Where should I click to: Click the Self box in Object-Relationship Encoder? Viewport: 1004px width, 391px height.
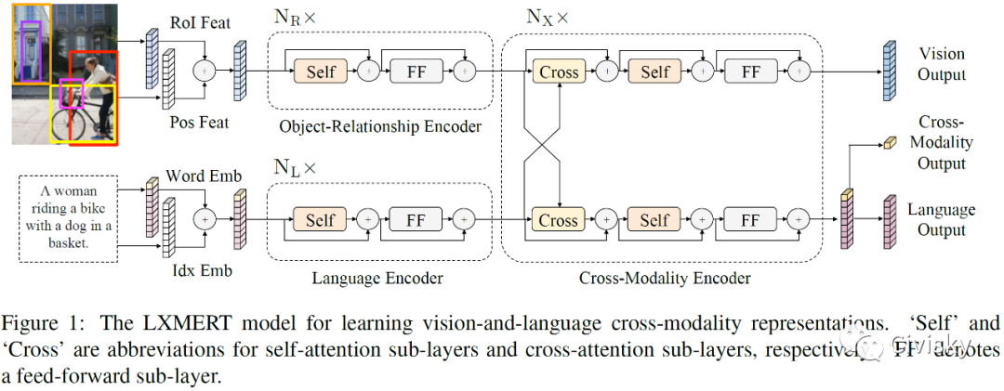click(x=321, y=72)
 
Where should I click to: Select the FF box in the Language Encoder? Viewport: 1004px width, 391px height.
click(x=416, y=220)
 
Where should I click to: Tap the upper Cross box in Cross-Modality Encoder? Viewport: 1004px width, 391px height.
click(x=558, y=72)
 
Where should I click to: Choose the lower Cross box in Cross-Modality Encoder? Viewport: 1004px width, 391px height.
click(x=558, y=220)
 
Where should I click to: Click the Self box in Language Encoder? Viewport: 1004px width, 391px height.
click(x=321, y=220)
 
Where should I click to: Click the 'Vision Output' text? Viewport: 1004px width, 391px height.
click(x=941, y=64)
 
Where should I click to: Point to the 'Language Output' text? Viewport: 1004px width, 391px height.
click(x=941, y=219)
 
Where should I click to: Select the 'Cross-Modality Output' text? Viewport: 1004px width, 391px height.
click(x=941, y=143)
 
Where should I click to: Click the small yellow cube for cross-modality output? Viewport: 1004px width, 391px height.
click(x=888, y=142)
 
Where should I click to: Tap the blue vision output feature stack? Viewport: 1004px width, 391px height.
click(x=888, y=72)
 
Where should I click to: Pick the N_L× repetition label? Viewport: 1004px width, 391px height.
click(x=296, y=168)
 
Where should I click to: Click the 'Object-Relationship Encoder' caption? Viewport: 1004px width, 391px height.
click(x=380, y=126)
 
